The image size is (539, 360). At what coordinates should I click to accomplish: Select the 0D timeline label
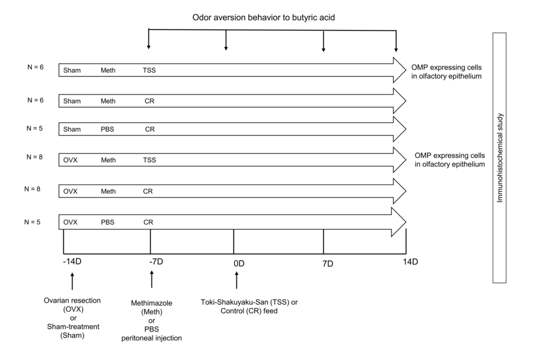[x=239, y=263]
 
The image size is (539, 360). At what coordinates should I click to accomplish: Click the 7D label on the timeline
[x=328, y=263]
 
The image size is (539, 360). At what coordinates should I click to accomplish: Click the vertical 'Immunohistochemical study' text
[x=500, y=158]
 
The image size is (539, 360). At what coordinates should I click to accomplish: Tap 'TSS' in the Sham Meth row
[x=149, y=70]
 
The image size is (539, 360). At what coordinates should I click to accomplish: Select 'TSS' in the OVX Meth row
[x=149, y=160]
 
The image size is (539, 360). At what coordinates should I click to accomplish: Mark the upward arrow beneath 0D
[x=237, y=280]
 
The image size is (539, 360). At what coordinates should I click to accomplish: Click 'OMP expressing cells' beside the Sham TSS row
[x=443, y=67]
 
